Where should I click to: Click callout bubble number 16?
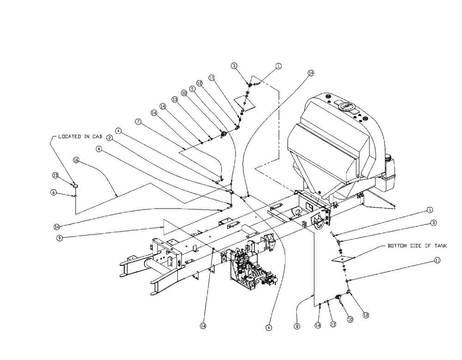(76, 160)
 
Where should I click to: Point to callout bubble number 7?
(137, 122)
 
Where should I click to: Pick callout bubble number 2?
(109, 138)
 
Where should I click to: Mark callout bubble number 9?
(60, 238)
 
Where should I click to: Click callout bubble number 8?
(297, 326)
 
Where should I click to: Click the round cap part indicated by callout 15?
(75, 185)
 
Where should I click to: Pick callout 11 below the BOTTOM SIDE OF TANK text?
(437, 260)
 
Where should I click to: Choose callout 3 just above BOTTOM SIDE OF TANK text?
(434, 222)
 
